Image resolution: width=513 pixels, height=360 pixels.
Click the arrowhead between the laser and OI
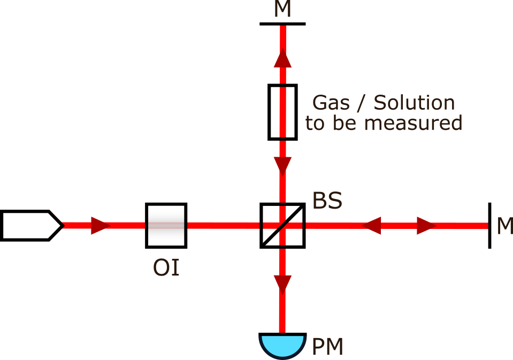click(100, 226)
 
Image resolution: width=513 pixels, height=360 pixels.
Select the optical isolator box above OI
click(166, 225)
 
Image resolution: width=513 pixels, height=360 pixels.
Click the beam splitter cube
click(282, 225)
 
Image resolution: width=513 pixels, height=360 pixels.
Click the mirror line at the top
click(282, 24)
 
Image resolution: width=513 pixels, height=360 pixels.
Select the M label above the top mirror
click(282, 9)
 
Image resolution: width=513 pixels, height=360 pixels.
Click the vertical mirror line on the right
click(489, 225)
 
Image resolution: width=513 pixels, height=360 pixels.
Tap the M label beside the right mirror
click(504, 226)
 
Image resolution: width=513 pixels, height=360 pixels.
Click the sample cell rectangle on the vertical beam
click(282, 112)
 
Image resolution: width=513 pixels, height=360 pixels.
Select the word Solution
click(414, 102)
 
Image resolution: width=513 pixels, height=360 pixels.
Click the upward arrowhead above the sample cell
click(282, 59)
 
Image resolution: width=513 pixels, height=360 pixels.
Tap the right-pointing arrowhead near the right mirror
click(427, 226)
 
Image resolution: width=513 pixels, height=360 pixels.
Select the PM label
click(327, 347)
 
